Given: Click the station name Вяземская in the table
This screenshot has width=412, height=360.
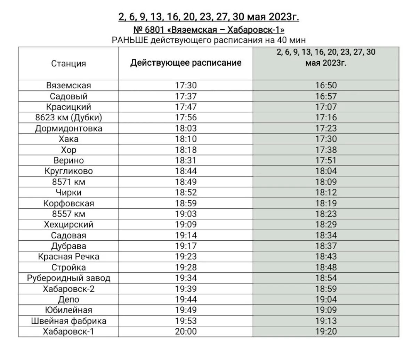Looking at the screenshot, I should (68, 86).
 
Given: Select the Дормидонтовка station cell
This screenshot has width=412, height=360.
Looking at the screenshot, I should (68, 128).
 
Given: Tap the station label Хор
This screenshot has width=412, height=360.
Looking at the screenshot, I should (68, 150).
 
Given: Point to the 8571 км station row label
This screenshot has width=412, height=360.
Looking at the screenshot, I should (68, 182).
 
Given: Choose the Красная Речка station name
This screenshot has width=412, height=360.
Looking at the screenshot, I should (68, 257).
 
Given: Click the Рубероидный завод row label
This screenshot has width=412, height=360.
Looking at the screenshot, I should (68, 278).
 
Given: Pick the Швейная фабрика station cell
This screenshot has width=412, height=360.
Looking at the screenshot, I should (68, 321).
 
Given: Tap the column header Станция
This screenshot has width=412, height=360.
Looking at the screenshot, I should (68, 64).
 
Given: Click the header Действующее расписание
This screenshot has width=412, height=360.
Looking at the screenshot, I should (186, 63).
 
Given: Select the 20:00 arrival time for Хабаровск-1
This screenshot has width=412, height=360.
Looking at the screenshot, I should (186, 332).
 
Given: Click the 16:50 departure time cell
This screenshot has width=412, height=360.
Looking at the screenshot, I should (326, 86).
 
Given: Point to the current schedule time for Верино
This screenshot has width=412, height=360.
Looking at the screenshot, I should (186, 160).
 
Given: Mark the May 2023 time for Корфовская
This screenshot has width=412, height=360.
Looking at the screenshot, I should (326, 203).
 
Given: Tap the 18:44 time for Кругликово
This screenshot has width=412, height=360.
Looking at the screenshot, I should (186, 171).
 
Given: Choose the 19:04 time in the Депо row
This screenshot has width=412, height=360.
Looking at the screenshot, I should (326, 299).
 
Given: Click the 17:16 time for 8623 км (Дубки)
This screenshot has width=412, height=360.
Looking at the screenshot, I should (326, 118).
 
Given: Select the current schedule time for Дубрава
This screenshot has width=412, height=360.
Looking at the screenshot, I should (186, 246).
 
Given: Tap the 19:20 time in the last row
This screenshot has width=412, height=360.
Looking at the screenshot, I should (326, 332).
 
